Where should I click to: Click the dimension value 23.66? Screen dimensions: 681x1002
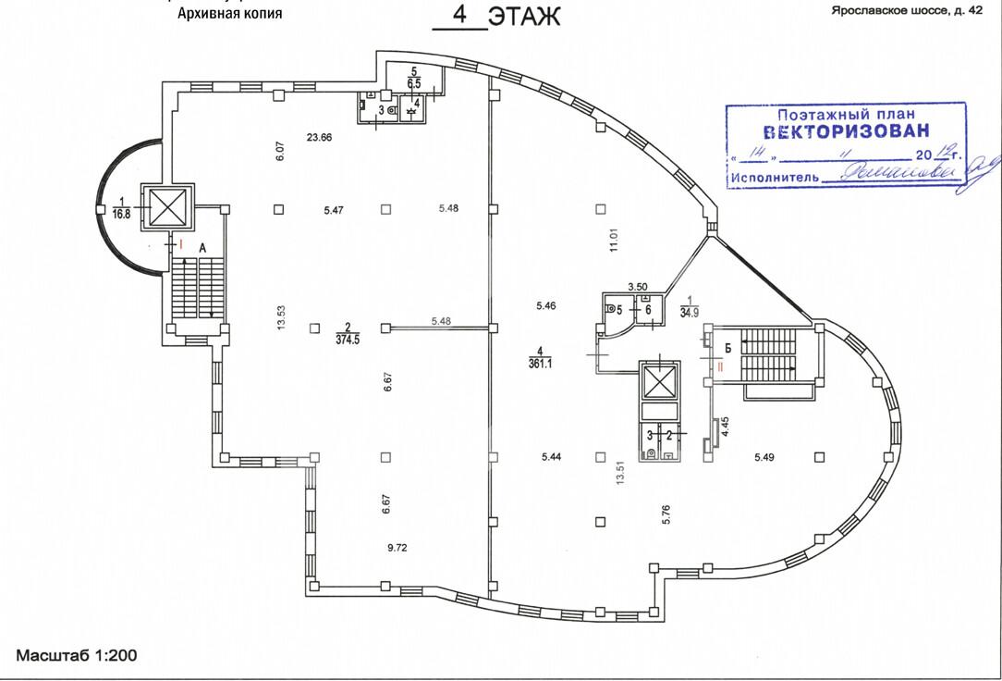coord(319,138)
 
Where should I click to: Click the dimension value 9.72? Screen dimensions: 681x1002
coord(397,548)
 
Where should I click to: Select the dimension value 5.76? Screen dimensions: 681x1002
coord(665,514)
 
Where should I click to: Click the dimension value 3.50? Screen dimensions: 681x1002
coord(638,289)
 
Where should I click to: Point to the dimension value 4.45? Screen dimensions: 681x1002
coord(726,427)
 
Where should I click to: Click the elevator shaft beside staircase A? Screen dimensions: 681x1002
coord(167,206)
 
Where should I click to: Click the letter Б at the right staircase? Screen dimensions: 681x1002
coord(728,348)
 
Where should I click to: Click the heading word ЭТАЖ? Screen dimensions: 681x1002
coord(524,18)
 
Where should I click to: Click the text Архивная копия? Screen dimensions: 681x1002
coord(224,14)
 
